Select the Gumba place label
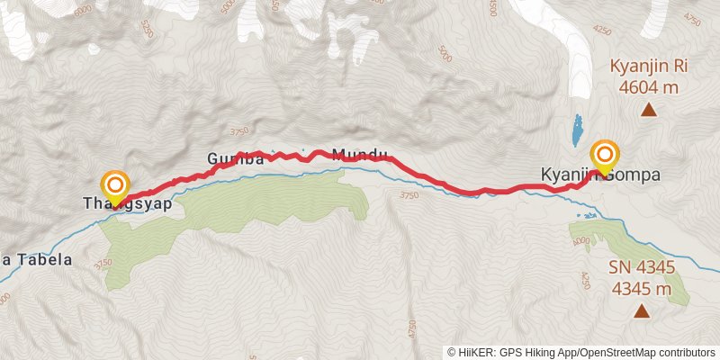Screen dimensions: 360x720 pyautogui.click(x=235, y=159)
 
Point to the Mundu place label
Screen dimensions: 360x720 pyautogui.click(x=359, y=156)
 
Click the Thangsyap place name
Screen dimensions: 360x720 pyautogui.click(x=127, y=203)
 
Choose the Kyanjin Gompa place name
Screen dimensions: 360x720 pyautogui.click(x=600, y=175)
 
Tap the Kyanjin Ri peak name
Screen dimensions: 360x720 pyautogui.click(x=648, y=67)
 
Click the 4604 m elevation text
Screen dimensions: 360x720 pyautogui.click(x=648, y=87)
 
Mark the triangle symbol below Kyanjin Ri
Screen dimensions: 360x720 pyautogui.click(x=648, y=110)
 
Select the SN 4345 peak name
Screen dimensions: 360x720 pyautogui.click(x=642, y=269)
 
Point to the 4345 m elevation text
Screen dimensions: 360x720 pyautogui.click(x=642, y=289)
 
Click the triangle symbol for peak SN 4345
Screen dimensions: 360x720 pyautogui.click(x=642, y=311)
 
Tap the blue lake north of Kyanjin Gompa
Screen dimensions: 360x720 pyautogui.click(x=576, y=131)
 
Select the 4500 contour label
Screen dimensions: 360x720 pyautogui.click(x=492, y=9)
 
